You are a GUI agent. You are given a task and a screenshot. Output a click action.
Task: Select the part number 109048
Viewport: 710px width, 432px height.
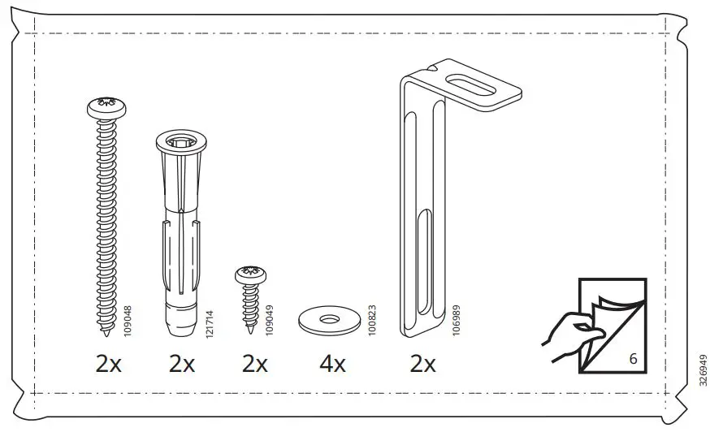(128, 320)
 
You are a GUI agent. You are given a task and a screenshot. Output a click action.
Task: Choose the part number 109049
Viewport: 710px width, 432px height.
(270, 320)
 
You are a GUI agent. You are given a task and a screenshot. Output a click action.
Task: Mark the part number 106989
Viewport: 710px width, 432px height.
(456, 320)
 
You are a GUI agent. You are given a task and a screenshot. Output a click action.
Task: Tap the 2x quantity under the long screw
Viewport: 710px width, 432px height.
(108, 364)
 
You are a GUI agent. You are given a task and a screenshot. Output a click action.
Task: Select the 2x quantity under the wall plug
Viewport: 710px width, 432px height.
(182, 364)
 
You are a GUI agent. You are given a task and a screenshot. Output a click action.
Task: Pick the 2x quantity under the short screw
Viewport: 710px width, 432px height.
(255, 364)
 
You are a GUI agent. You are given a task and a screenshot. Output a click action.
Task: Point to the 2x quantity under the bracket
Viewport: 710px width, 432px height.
(423, 364)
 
